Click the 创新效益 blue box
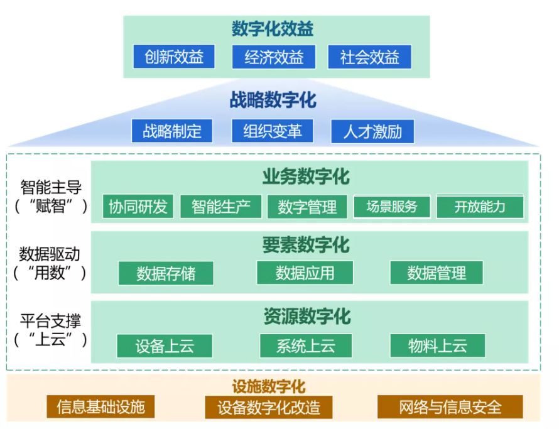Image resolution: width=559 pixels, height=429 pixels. pos(173,57)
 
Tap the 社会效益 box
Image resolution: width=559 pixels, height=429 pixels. pos(370,57)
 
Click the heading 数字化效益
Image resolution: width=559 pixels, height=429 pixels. pos(273,29)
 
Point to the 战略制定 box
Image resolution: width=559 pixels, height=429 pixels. pos(171,131)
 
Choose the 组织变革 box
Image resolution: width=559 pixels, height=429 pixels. pos(273,131)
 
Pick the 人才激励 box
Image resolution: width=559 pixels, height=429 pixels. pos(372,132)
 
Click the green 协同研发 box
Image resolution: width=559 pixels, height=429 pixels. pos(138,207)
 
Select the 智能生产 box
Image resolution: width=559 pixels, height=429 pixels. pos(220,207)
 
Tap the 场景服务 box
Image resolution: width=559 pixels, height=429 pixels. pos(392,207)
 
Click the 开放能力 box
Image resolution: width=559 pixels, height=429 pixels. pos(480,207)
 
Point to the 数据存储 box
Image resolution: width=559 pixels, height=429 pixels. pos(166,273)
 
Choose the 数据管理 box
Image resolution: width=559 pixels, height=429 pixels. pos(437,273)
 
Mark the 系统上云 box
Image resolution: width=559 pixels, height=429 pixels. pos(306,346)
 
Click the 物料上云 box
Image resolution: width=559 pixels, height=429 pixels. pos(437,346)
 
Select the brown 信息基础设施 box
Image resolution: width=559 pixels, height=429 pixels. pos(100,407)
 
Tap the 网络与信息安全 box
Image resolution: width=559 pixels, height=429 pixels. pos(450,407)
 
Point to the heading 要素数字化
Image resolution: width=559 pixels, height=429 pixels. pos(306,244)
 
